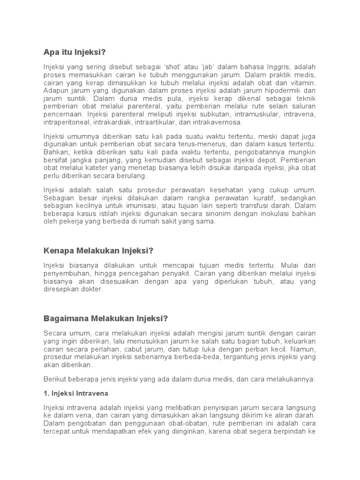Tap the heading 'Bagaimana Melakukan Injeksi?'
[x=105, y=319]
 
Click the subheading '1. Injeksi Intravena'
[x=76, y=393]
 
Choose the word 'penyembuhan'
[x=65, y=273]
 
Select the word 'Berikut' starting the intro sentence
[x=55, y=379]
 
